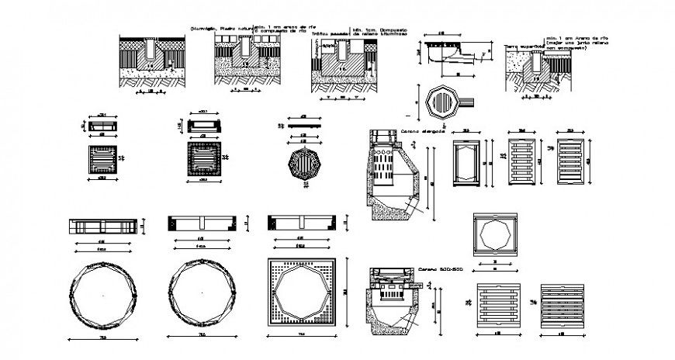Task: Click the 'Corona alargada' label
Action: coord(423,133)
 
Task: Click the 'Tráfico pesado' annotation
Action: coord(328,33)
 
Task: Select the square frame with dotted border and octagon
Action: coord(301,296)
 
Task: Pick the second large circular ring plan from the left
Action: coord(201,297)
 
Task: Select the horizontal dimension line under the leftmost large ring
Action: coord(102,340)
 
